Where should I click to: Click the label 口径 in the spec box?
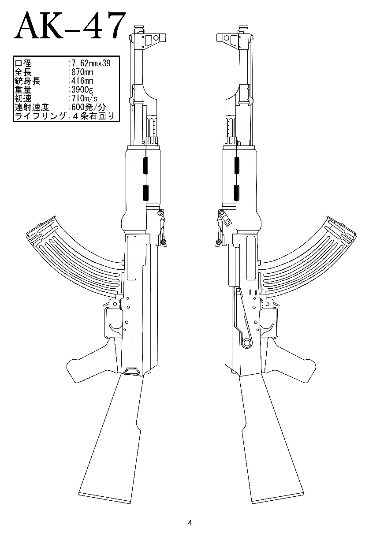[23, 63]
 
